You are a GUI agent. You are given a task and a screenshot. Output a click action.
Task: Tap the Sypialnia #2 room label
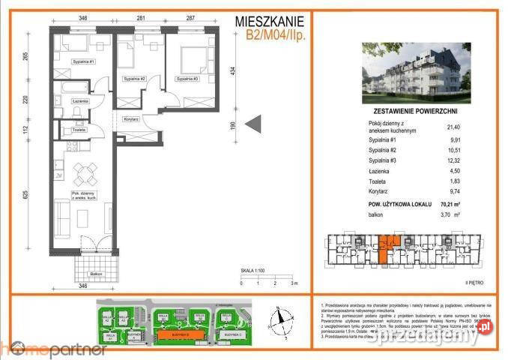coord(132,79)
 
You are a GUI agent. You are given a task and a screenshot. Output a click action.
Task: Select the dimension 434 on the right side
coord(233,71)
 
